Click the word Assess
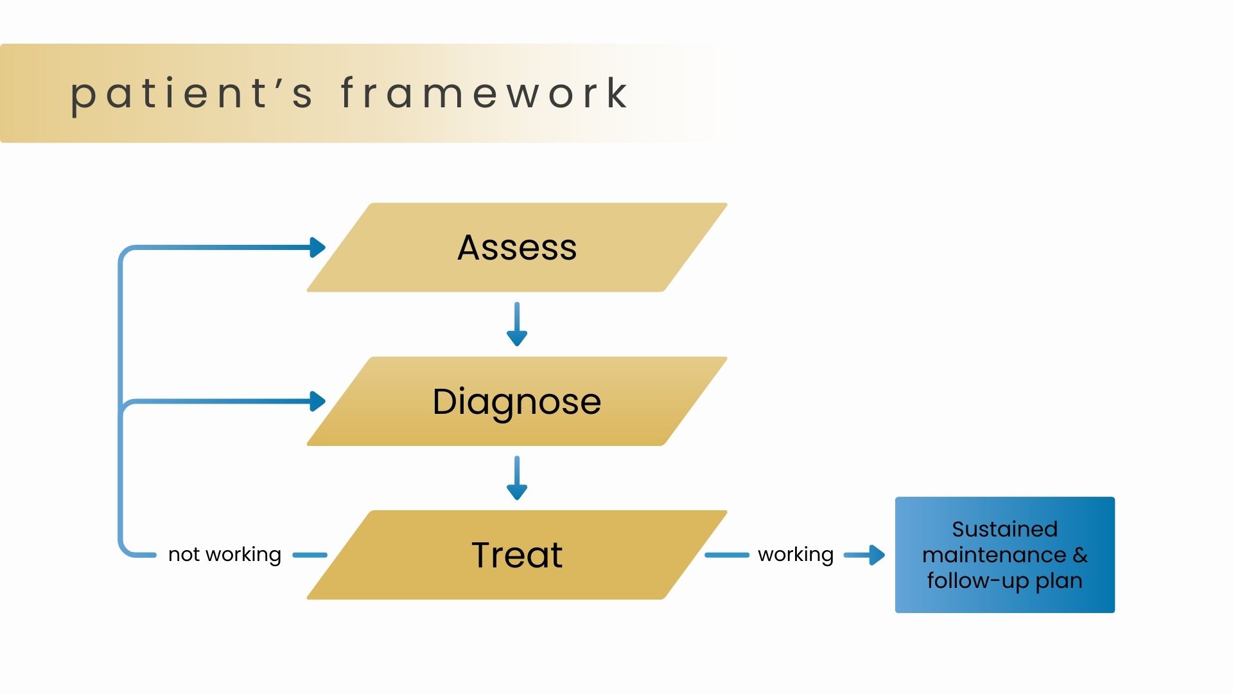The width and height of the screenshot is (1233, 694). pyautogui.click(x=517, y=248)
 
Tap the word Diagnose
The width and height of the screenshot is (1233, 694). pyautogui.click(x=517, y=402)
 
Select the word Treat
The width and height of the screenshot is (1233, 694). pyautogui.click(x=517, y=555)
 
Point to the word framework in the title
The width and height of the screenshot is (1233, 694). pyautogui.click(x=484, y=94)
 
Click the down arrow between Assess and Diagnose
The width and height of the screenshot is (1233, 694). pyautogui.click(x=517, y=325)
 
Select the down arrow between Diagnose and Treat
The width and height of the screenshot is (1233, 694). pyautogui.click(x=517, y=479)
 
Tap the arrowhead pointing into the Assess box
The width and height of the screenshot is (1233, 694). pyautogui.click(x=317, y=247)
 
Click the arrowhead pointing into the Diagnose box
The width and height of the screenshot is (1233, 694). pyautogui.click(x=317, y=402)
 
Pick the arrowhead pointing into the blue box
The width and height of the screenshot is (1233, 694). pyautogui.click(x=876, y=555)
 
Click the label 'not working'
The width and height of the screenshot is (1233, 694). pyautogui.click(x=225, y=555)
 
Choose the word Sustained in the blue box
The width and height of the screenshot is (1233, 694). pyautogui.click(x=1004, y=529)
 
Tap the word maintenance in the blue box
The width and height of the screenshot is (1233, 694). pyautogui.click(x=994, y=555)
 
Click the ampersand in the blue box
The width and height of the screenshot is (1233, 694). pyautogui.click(x=1080, y=555)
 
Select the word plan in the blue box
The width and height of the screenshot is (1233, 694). pyautogui.click(x=1059, y=582)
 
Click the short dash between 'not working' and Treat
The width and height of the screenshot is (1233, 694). pyautogui.click(x=310, y=555)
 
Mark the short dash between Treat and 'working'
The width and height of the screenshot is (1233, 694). pyautogui.click(x=727, y=555)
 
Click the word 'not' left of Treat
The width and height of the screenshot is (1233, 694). pyautogui.click(x=184, y=555)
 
